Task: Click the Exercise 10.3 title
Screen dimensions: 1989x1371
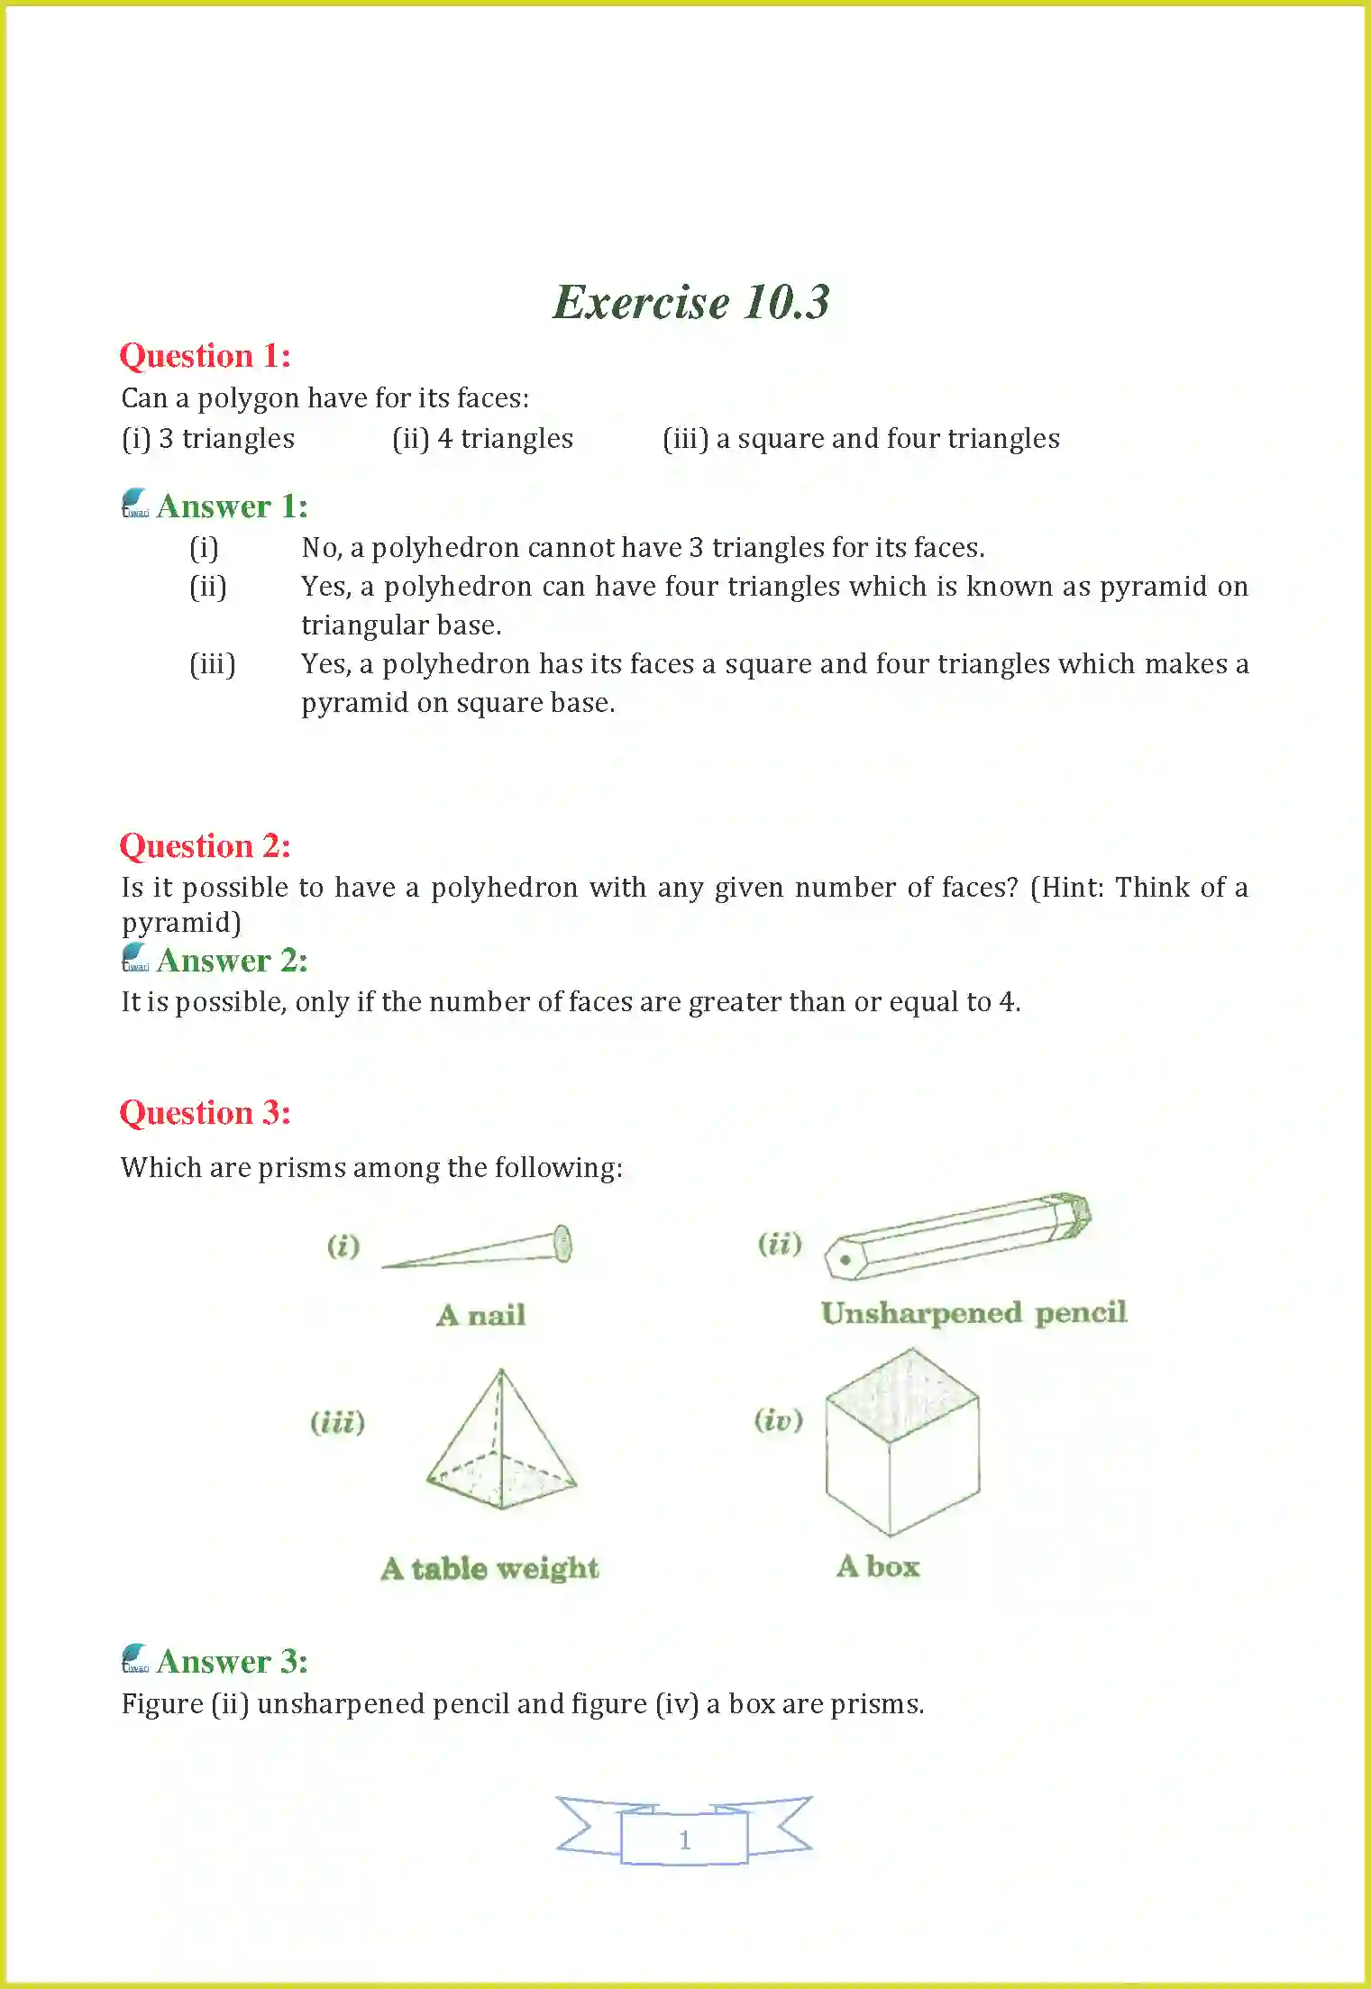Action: pos(690,302)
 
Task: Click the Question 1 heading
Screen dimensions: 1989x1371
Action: pos(206,356)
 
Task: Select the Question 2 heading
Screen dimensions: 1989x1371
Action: pos(206,846)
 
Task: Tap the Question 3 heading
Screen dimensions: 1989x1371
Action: pos(206,1113)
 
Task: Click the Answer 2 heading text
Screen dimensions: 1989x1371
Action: pos(232,961)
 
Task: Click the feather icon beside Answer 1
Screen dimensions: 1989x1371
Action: pos(134,504)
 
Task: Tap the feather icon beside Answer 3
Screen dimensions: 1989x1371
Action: pos(134,1658)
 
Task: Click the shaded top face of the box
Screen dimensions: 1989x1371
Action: pos(901,1395)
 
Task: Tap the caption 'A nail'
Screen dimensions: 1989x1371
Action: pos(480,1316)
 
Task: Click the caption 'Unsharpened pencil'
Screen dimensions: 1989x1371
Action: pos(973,1313)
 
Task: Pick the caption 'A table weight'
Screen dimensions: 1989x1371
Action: pos(489,1569)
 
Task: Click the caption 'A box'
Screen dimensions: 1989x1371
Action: pos(878,1566)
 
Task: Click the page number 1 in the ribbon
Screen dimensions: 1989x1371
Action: pos(684,1839)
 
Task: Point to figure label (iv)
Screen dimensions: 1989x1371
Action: pos(778,1420)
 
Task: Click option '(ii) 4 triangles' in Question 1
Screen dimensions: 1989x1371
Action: pos(482,439)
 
